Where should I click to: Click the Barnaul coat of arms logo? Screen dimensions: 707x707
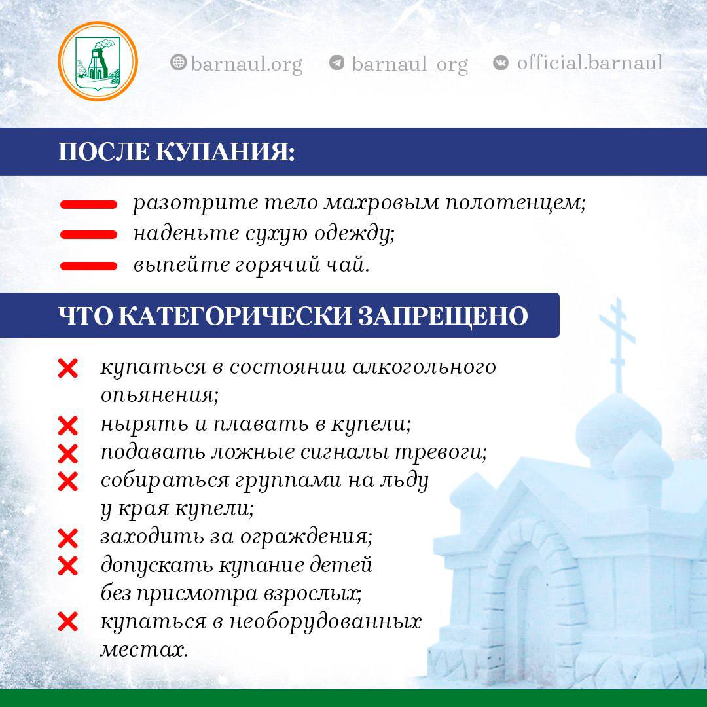tap(98, 61)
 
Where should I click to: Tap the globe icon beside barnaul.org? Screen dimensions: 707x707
tap(179, 62)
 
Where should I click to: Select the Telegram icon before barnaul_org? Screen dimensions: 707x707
tap(337, 62)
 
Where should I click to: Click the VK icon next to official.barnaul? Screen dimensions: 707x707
tap(501, 62)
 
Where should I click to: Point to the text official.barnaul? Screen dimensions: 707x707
tap(590, 62)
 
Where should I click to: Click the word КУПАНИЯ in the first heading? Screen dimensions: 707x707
tap(225, 151)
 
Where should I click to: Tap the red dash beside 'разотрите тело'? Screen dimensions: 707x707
tap(88, 204)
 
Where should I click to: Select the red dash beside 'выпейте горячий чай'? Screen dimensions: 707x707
tap(88, 266)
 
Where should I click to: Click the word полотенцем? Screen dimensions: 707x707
tap(516, 203)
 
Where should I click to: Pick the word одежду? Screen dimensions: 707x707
tap(354, 234)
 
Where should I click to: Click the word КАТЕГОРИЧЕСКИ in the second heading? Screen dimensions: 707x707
tap(235, 316)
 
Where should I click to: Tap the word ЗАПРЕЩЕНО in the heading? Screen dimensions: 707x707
tap(443, 316)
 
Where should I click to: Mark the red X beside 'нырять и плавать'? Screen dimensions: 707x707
tap(68, 426)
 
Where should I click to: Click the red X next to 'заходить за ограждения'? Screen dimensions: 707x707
tap(68, 538)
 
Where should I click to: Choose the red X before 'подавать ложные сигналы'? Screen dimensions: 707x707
tap(68, 454)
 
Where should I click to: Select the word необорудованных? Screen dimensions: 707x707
tap(325, 622)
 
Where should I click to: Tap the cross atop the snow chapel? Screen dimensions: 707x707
tap(618, 345)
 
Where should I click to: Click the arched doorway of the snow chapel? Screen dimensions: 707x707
tap(532, 600)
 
